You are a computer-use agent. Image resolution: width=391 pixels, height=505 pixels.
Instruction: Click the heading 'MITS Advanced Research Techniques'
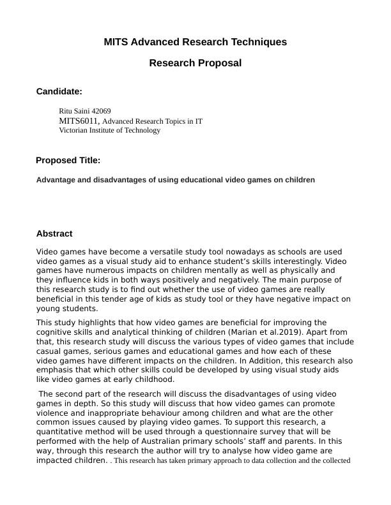195,42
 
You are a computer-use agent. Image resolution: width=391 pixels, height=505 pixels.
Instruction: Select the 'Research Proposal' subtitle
195,63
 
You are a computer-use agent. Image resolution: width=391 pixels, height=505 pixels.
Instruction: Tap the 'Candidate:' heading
59,92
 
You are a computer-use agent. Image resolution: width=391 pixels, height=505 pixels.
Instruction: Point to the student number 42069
102,111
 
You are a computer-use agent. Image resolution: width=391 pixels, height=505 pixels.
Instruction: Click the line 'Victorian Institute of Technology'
109,130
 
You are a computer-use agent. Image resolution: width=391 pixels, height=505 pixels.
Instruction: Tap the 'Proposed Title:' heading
68,160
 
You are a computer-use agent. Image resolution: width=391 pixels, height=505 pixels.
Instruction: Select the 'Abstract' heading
54,234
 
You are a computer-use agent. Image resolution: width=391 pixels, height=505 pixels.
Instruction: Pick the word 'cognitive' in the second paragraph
54,332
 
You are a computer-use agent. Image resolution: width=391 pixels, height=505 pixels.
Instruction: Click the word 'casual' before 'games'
49,351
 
